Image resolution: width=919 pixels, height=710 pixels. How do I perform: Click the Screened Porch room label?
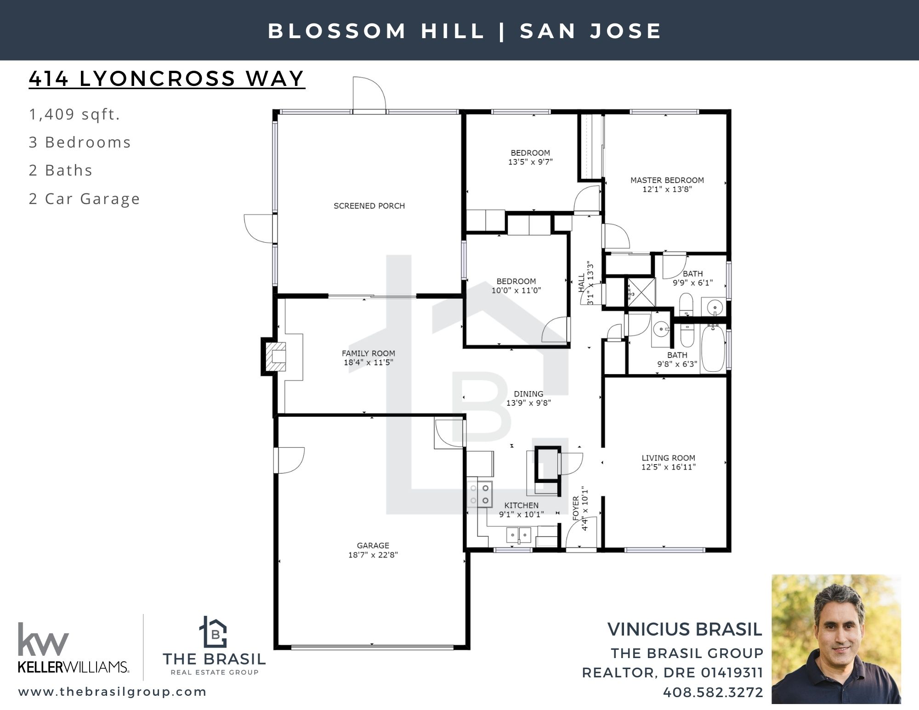pos(369,206)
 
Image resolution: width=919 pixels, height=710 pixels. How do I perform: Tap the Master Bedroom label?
pos(667,180)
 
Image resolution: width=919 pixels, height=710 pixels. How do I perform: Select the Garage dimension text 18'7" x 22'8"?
pos(373,555)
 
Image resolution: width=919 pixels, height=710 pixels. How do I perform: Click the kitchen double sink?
pos(519,535)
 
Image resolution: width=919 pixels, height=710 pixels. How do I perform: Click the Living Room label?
pos(668,458)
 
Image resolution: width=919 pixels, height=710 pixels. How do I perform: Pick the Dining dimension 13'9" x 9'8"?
pos(528,403)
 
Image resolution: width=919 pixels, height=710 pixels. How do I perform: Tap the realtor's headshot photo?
pos(836,639)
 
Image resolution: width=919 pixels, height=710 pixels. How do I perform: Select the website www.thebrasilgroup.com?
pos(113,692)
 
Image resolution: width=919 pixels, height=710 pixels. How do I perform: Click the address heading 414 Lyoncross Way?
pos(167,78)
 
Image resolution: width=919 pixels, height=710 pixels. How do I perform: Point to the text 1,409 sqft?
pos(74,114)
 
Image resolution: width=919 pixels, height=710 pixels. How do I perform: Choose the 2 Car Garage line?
pos(85,199)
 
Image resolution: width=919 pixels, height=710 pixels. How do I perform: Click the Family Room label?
pos(368,353)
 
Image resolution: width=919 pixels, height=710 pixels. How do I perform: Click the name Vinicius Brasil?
pos(685,629)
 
